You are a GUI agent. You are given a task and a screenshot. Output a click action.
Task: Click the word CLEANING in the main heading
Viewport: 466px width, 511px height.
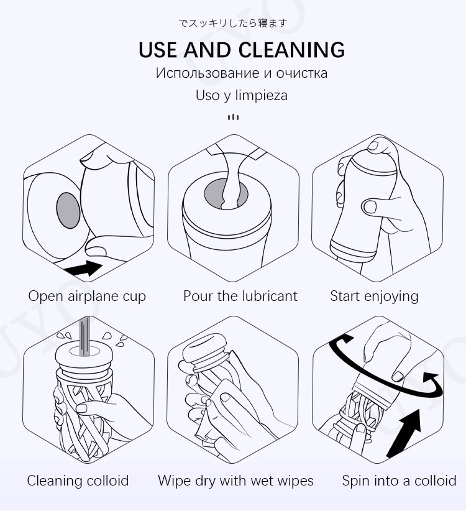[x=291, y=50]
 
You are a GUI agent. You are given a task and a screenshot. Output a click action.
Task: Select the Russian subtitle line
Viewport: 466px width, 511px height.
[x=242, y=73]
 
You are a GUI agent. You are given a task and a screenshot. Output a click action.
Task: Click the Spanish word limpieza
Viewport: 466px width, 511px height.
[x=261, y=96]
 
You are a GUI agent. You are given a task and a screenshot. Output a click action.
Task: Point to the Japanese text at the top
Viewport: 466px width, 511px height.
[x=233, y=23]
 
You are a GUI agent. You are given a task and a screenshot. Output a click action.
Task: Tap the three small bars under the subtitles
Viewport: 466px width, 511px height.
[x=233, y=117]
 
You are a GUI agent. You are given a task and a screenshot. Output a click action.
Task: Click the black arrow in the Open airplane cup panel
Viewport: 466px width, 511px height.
[x=83, y=269]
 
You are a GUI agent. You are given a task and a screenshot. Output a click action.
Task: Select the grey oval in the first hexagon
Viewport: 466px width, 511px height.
[x=68, y=210]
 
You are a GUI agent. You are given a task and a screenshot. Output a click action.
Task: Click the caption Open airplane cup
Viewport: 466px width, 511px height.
[x=87, y=297]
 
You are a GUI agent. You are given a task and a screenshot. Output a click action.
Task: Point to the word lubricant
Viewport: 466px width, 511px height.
[x=270, y=296]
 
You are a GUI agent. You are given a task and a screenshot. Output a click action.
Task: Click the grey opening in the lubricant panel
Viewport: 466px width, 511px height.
[x=226, y=195]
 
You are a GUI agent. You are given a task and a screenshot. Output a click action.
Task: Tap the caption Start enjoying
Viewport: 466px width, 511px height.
[x=374, y=297]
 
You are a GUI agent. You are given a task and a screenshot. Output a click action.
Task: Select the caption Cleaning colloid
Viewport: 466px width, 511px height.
[x=78, y=481]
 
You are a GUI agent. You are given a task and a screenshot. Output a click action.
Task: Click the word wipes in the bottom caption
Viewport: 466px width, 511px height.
[x=294, y=481]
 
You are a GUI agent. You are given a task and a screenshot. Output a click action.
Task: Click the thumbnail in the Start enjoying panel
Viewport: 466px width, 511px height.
[x=370, y=206]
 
